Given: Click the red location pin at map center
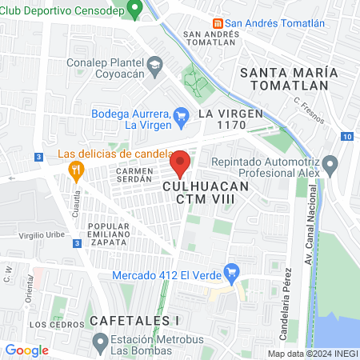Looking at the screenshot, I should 180,163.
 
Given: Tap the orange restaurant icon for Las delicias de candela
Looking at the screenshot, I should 77,169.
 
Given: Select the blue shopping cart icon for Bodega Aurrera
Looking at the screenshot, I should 181,115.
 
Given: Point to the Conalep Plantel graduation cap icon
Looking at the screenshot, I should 154,63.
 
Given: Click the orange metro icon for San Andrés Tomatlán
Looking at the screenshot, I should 218,23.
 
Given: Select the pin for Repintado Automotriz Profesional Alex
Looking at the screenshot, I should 331,167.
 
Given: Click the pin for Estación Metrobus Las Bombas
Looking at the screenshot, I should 100,344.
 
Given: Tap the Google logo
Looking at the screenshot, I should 27,350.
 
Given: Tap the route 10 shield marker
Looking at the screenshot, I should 346,137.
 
